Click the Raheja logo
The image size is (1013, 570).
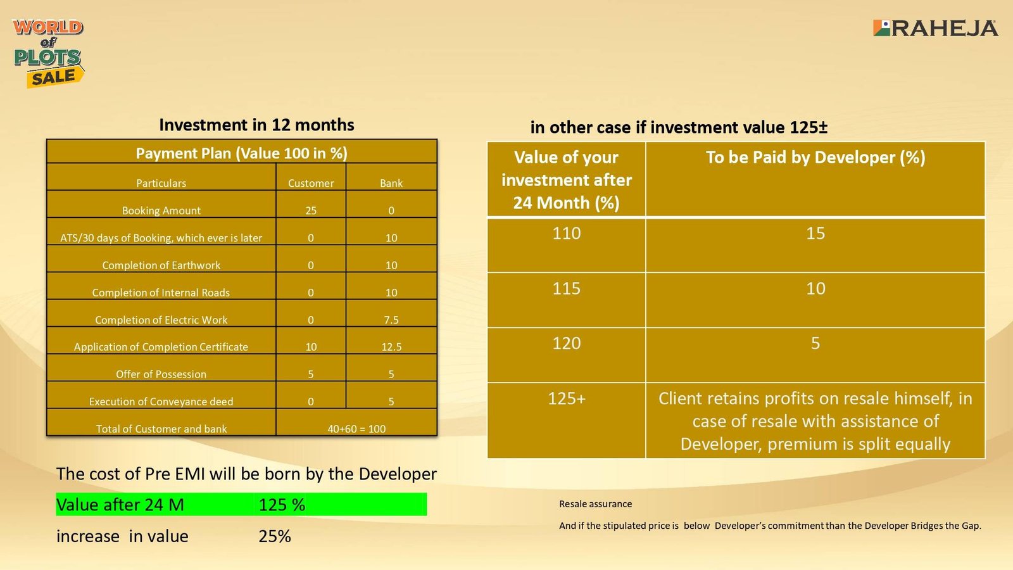(935, 28)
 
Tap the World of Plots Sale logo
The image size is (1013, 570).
(48, 54)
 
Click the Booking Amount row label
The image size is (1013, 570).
(161, 210)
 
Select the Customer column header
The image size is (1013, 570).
(311, 183)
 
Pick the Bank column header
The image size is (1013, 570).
(391, 183)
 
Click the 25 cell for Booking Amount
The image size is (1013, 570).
(311, 210)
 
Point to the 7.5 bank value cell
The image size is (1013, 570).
(391, 320)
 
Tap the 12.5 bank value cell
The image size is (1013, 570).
(391, 347)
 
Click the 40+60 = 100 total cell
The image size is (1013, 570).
(356, 429)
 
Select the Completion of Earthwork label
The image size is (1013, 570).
(161, 265)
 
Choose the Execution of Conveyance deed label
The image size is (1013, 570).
(161, 402)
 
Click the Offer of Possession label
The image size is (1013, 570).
(161, 374)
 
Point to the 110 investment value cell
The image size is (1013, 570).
(566, 234)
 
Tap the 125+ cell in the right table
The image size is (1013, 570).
(566, 398)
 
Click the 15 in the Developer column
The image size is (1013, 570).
(815, 234)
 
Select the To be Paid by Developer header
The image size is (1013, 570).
(815, 158)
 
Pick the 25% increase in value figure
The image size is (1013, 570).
(275, 536)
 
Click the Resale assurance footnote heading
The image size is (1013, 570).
(595, 504)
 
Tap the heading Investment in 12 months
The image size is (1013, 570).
(256, 125)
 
